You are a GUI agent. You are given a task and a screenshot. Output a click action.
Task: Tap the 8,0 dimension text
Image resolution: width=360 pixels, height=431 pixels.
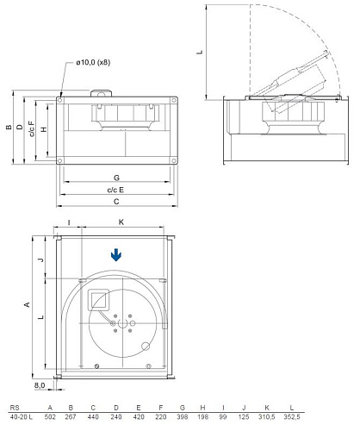pos(40,386)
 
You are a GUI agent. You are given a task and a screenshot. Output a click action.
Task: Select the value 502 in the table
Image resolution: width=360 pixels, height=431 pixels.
pos(51,416)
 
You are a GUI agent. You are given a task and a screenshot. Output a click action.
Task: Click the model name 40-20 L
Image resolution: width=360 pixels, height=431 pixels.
pos(19,416)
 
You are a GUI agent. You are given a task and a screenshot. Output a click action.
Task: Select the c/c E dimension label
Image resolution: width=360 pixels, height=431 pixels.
pos(115,189)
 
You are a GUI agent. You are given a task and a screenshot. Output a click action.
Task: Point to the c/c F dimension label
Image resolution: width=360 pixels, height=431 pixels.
pos(32,131)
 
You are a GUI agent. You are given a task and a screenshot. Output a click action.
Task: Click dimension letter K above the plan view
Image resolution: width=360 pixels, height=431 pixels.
pos(121,222)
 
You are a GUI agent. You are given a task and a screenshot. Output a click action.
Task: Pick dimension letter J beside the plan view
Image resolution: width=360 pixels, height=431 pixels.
pos(40,258)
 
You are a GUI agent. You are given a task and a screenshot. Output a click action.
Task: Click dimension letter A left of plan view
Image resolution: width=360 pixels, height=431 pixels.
pos(26,305)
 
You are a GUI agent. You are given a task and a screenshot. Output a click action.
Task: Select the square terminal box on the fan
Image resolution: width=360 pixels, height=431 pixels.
pos(97,299)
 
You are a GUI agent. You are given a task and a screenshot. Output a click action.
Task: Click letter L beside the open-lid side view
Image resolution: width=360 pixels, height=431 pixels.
pos(200,52)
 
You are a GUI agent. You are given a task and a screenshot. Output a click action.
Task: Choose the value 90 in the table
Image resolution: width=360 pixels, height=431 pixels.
pos(224,416)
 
